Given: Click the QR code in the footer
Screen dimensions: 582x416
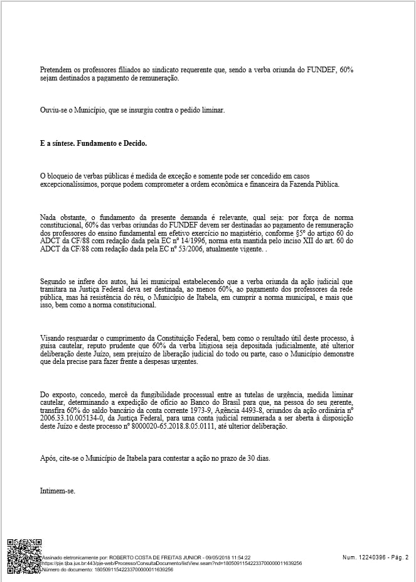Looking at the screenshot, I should pos(24,556).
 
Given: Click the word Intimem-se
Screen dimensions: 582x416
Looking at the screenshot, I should pos(58,491).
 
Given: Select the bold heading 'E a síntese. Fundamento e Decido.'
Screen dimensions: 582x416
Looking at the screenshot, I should pos(93,143).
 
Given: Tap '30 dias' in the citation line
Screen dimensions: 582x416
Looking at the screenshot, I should pos(258,459).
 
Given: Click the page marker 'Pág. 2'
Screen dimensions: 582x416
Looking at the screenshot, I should pos(397,557).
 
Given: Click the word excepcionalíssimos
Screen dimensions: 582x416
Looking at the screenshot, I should pos(69,185).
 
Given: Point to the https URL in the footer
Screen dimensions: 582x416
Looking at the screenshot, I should pos(172,563).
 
